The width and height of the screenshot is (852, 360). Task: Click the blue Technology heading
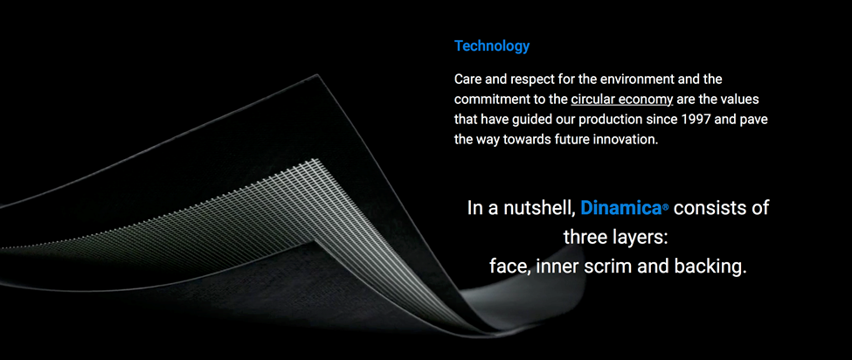click(x=492, y=46)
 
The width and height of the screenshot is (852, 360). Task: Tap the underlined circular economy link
click(x=622, y=100)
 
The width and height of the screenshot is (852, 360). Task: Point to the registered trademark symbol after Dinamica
click(x=665, y=209)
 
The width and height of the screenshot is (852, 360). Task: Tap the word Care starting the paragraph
click(x=467, y=80)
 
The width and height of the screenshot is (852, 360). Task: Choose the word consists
click(x=706, y=208)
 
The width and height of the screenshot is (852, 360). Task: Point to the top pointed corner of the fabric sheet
click(x=317, y=75)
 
